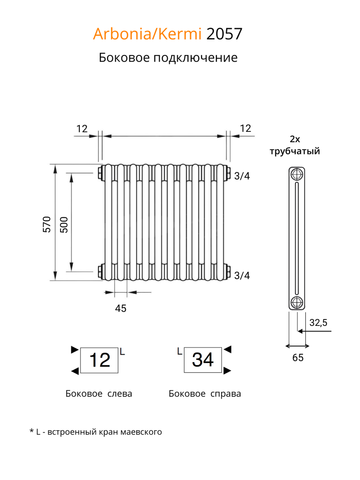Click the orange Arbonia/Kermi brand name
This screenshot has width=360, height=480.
[x=147, y=34]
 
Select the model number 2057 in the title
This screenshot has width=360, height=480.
[x=224, y=34]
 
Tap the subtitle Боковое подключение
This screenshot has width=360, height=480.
[x=168, y=58]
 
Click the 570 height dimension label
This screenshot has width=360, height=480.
[x=46, y=224]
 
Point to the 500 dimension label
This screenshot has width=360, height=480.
[x=64, y=225]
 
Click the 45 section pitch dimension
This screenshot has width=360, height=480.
[x=121, y=308]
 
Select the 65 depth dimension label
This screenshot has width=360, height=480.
[x=298, y=358]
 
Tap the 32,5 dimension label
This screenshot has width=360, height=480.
[x=318, y=323]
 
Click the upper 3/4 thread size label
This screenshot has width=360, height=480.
[x=242, y=176]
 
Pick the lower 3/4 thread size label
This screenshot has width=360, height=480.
[x=242, y=275]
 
